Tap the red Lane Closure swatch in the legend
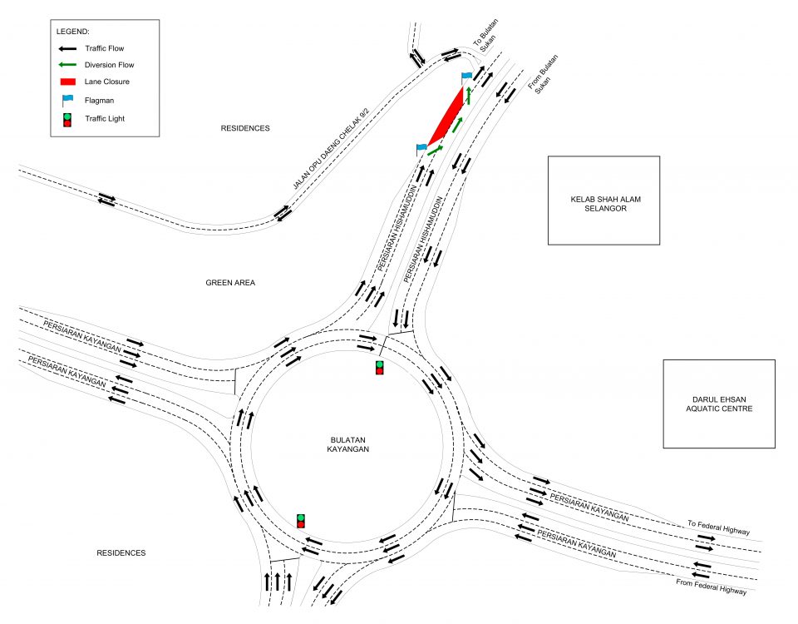point(67,82)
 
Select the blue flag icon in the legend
point(67,100)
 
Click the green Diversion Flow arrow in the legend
point(67,65)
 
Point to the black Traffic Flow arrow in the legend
point(67,48)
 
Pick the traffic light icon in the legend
point(67,120)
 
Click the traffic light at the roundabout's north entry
point(380,368)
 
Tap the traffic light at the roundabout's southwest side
point(301,521)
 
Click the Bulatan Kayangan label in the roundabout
point(348,444)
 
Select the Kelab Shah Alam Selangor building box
point(603,201)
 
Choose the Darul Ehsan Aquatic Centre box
point(719,404)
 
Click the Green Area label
point(230,283)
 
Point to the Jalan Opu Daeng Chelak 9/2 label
point(330,148)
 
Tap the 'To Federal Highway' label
point(718,527)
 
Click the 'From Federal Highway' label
point(711,587)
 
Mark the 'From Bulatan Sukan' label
point(544,74)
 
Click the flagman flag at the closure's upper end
point(466,77)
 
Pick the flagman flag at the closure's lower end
point(421,149)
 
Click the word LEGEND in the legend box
point(73,32)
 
